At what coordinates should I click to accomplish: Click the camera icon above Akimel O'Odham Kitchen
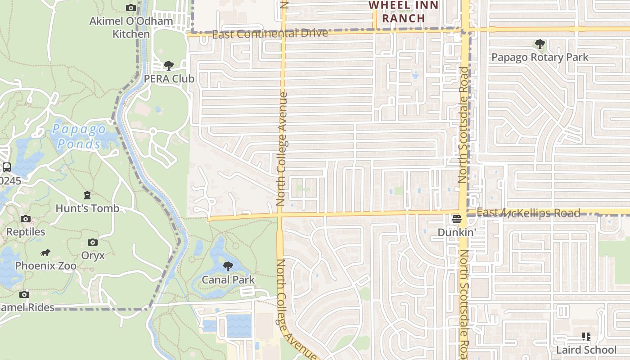(131, 8)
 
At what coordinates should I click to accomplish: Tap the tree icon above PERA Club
(169, 66)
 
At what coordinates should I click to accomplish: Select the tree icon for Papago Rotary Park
(540, 44)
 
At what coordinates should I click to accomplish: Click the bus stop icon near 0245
(7, 167)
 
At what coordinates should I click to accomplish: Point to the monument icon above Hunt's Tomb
(87, 195)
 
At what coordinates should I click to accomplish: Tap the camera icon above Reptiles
(26, 219)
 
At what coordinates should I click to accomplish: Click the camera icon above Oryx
(93, 243)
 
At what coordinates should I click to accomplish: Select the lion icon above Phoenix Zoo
(45, 253)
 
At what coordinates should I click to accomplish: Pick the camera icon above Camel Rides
(24, 295)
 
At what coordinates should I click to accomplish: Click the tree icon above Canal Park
(228, 266)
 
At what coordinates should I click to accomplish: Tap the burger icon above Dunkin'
(457, 220)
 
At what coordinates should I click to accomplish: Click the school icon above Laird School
(586, 337)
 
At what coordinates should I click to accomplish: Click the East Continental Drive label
(270, 34)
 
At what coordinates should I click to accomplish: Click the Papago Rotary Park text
(540, 57)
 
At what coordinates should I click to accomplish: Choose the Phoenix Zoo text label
(46, 266)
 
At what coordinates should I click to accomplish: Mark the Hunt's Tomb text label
(87, 208)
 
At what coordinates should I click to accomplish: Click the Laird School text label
(586, 350)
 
